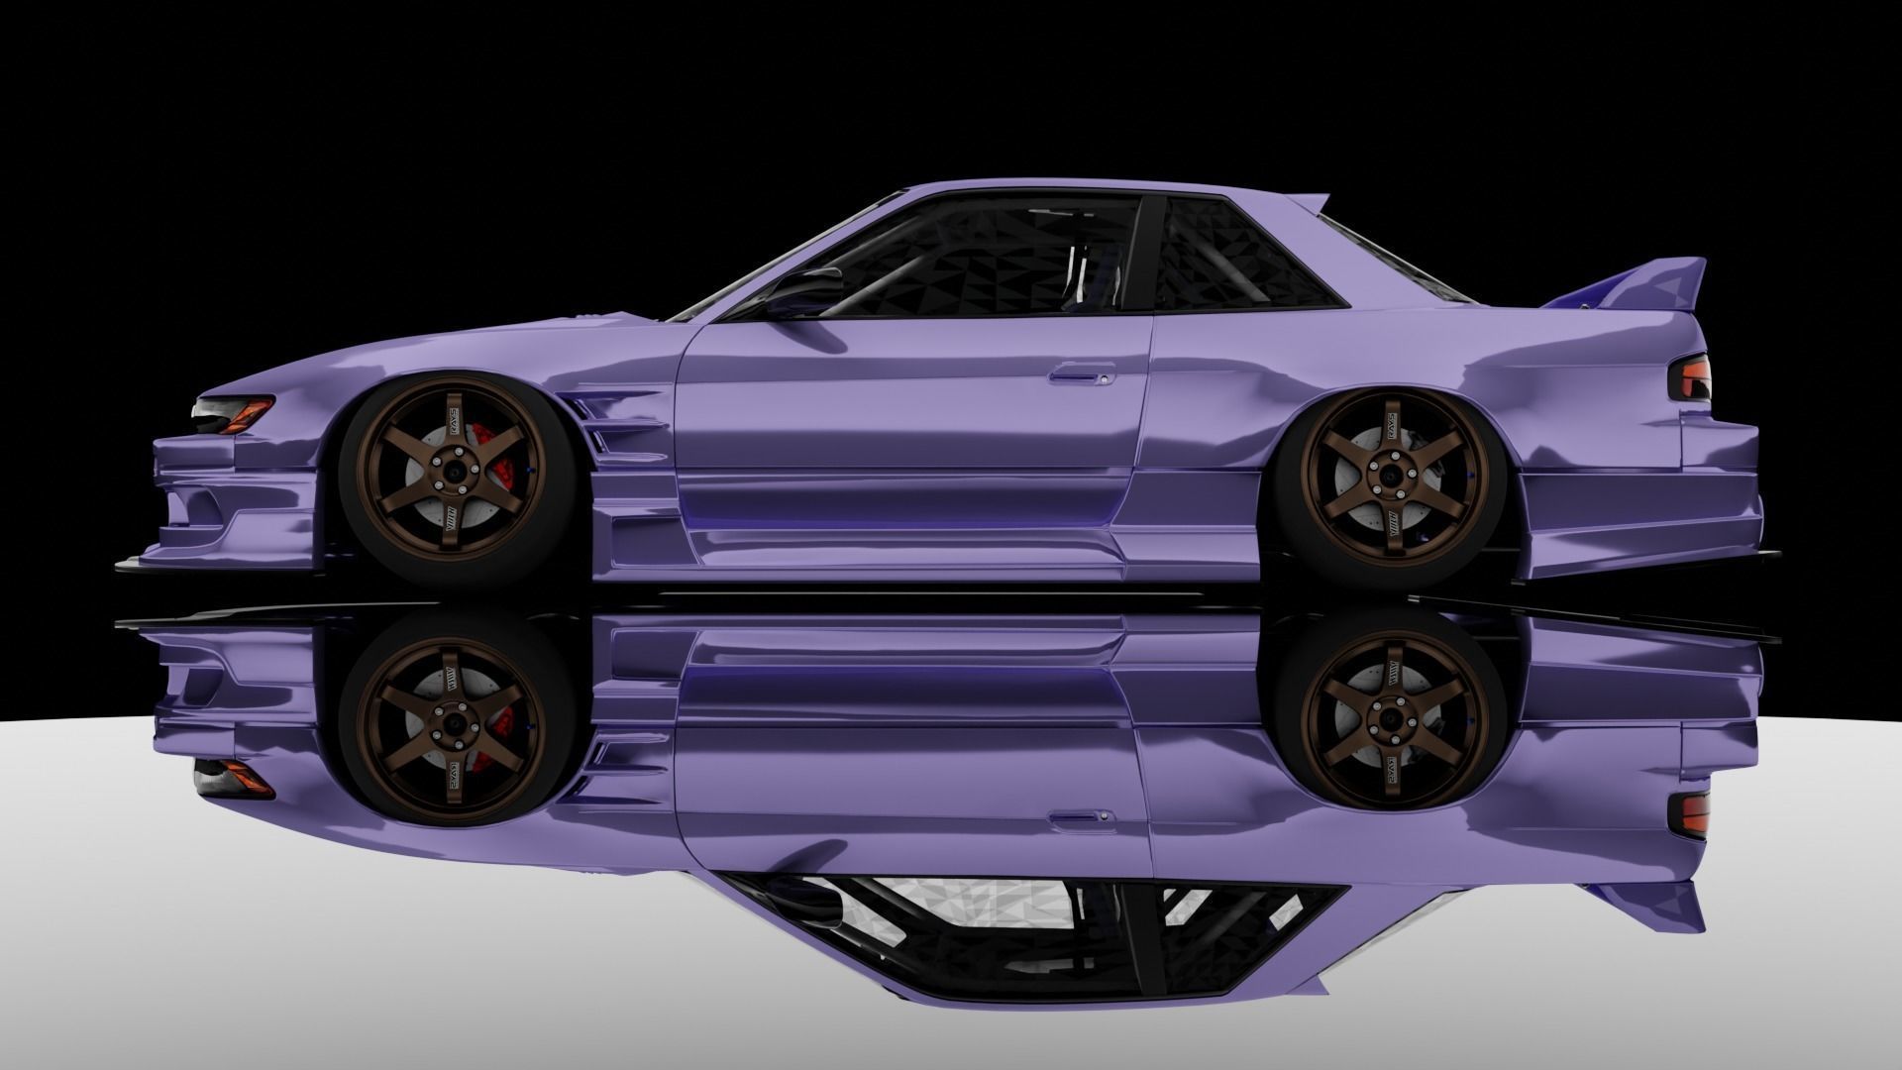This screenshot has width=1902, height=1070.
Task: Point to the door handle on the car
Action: pos(1081,374)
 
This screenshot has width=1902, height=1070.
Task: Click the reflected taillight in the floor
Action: pos(1691,812)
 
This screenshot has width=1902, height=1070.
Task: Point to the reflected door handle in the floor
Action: pos(1080,817)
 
